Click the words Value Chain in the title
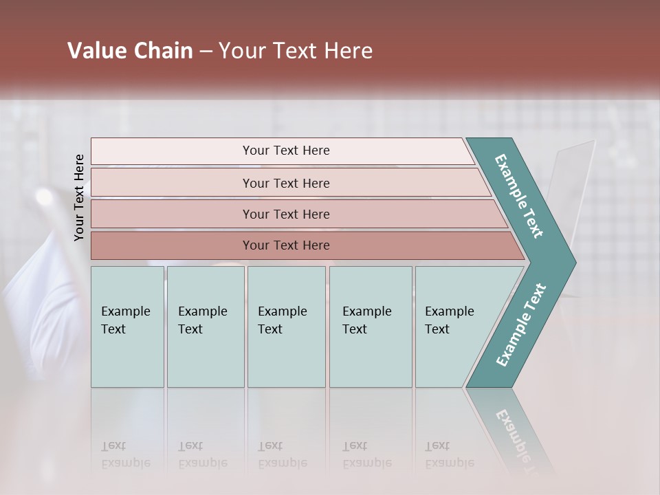pyautogui.click(x=130, y=51)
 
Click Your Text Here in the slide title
pyautogui.click(x=296, y=51)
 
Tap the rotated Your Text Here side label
pyautogui.click(x=79, y=197)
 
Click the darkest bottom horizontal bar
pyautogui.click(x=172, y=245)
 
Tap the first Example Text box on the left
pyautogui.click(x=127, y=327)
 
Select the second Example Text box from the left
pyautogui.click(x=206, y=327)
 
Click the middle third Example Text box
pyautogui.click(x=286, y=327)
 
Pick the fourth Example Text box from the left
pyautogui.click(x=371, y=327)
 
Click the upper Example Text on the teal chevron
pyautogui.click(x=520, y=196)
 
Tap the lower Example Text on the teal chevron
pyautogui.click(x=521, y=324)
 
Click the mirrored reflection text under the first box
pyautogui.click(x=125, y=455)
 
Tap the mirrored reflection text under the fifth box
pyautogui.click(x=449, y=455)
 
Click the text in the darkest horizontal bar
pyautogui.click(x=286, y=245)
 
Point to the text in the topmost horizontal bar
pyautogui.click(x=286, y=151)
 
